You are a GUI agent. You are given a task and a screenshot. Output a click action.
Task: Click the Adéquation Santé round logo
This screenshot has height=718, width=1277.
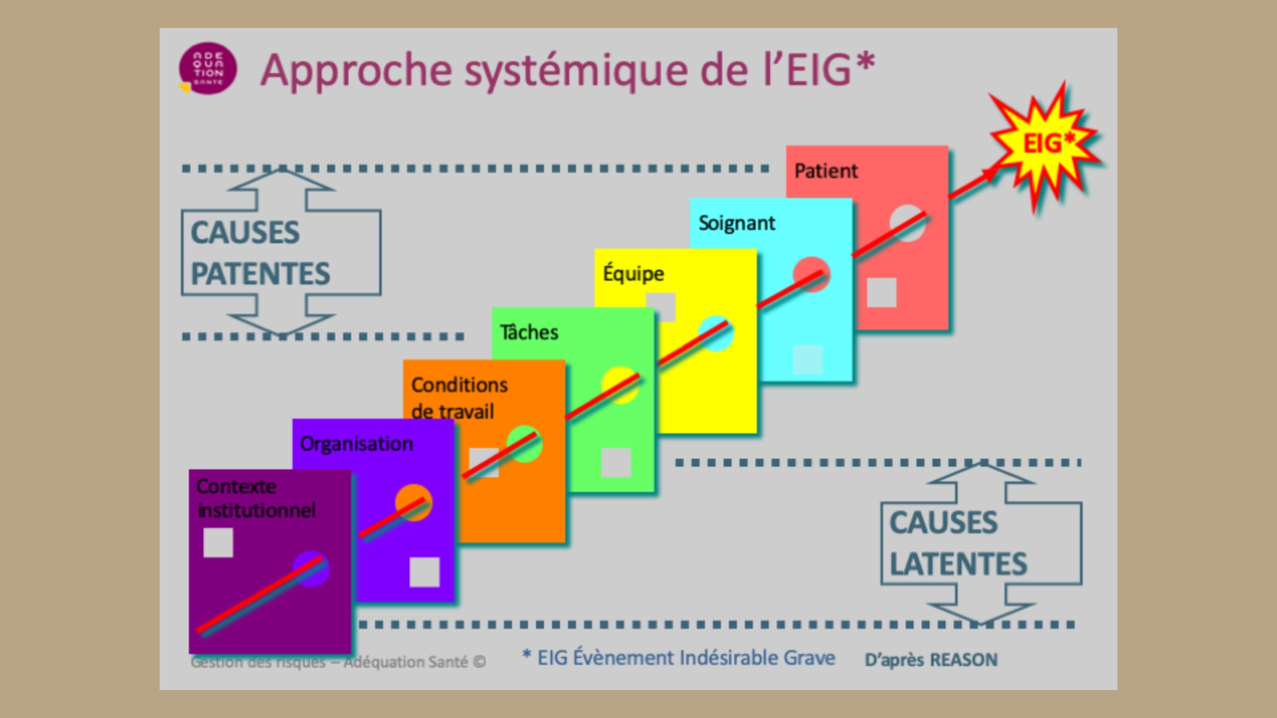point(208,69)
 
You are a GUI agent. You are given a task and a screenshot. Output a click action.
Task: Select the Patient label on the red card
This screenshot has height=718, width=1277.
point(825,171)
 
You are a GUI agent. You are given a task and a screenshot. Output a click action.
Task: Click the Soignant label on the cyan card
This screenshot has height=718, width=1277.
point(736,223)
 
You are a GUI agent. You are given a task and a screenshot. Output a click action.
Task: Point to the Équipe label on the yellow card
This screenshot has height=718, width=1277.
point(633,273)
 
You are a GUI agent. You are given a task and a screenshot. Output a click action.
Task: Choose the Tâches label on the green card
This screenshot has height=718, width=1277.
point(529,332)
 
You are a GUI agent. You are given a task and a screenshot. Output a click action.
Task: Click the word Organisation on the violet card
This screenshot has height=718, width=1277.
point(356,444)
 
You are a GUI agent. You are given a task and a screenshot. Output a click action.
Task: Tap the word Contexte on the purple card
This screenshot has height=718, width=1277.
point(236,487)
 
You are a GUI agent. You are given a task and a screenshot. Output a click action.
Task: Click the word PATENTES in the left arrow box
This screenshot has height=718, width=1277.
point(260,274)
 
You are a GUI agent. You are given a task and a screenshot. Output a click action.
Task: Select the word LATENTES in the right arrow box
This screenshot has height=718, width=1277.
point(958,564)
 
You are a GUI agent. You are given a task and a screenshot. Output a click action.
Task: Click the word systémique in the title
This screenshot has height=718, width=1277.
point(576,70)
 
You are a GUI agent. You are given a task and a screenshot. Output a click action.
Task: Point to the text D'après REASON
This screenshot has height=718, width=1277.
point(930,660)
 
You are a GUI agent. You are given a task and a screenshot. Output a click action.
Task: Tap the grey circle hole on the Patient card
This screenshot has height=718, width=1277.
point(907,223)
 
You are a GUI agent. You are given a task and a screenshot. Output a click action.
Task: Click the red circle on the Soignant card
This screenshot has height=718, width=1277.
point(811,274)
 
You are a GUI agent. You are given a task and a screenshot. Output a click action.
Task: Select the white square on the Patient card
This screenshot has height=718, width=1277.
point(881,293)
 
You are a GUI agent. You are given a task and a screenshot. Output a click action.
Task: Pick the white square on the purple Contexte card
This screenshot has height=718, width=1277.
point(218,542)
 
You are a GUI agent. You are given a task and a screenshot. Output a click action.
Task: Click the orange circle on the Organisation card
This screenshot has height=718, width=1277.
point(414,503)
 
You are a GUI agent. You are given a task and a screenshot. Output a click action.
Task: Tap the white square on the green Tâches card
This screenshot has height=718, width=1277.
point(616,462)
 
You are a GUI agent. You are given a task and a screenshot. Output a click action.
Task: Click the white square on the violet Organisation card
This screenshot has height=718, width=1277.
point(424,572)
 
